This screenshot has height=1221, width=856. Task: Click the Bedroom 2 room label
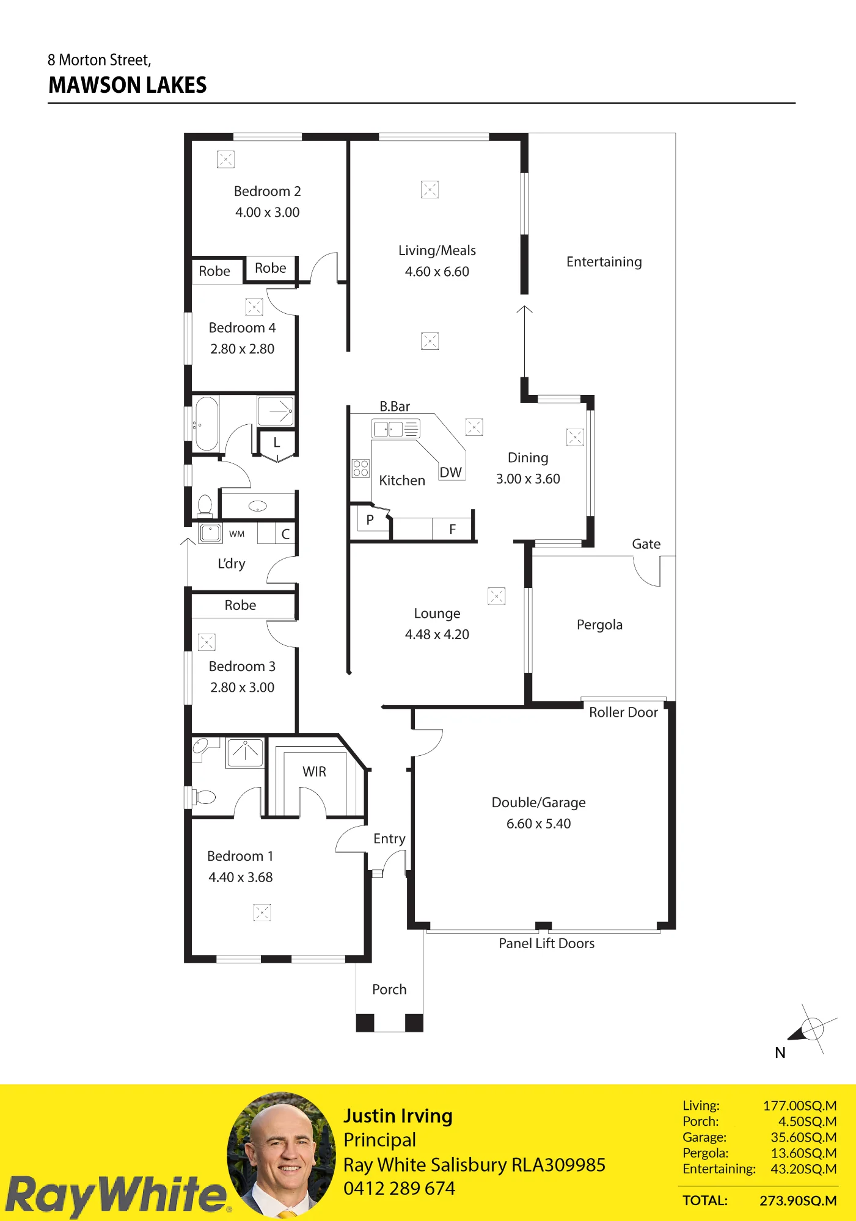tap(267, 191)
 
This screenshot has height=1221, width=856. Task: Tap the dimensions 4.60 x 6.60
tap(437, 272)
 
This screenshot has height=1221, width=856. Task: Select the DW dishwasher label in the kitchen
tap(450, 473)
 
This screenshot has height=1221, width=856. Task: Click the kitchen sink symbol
tap(395, 429)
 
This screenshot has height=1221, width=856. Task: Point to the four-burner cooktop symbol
tap(360, 468)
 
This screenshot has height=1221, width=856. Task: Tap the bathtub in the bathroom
tap(207, 424)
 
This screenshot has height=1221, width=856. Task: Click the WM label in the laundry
tap(237, 534)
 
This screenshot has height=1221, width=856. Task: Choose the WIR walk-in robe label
tap(314, 772)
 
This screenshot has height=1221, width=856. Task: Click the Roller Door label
tap(623, 712)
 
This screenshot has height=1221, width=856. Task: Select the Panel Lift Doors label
tap(546, 943)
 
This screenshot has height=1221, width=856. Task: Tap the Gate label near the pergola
tap(646, 544)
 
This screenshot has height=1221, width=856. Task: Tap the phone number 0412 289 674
tap(399, 1189)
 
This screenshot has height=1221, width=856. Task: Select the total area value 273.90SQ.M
tap(798, 1200)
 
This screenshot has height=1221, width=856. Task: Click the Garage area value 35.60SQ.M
tap(803, 1137)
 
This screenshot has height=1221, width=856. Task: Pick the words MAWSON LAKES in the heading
tap(128, 85)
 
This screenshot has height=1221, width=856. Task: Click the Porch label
tap(389, 990)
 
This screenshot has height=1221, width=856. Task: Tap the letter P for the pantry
tap(370, 520)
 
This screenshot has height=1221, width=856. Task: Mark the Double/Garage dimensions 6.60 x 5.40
tap(538, 824)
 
